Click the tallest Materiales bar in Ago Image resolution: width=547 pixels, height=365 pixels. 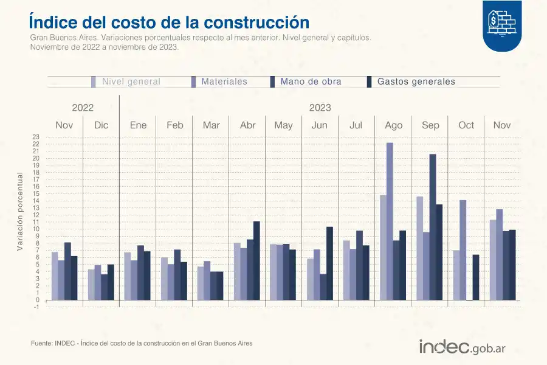(x=390, y=221)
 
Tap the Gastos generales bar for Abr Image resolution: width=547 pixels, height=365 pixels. (x=256, y=260)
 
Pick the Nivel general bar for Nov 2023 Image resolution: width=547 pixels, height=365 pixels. (x=492, y=260)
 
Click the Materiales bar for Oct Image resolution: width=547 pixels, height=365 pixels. (x=463, y=250)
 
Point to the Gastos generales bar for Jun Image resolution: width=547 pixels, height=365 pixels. (x=329, y=263)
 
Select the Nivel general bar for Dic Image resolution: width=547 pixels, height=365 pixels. (x=91, y=285)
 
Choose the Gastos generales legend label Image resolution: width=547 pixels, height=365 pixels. (x=416, y=82)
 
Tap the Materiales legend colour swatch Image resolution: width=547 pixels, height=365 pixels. (x=194, y=82)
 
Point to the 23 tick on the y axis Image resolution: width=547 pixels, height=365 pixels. (x=36, y=137)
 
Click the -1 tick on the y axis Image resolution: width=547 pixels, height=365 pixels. (x=36, y=307)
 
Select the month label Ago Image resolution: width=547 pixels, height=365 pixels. (x=394, y=125)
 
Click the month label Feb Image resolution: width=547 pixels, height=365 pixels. (x=174, y=125)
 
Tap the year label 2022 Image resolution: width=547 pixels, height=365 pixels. (x=83, y=108)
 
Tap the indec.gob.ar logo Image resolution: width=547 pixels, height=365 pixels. (x=463, y=347)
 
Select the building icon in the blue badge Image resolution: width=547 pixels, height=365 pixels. (x=502, y=23)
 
